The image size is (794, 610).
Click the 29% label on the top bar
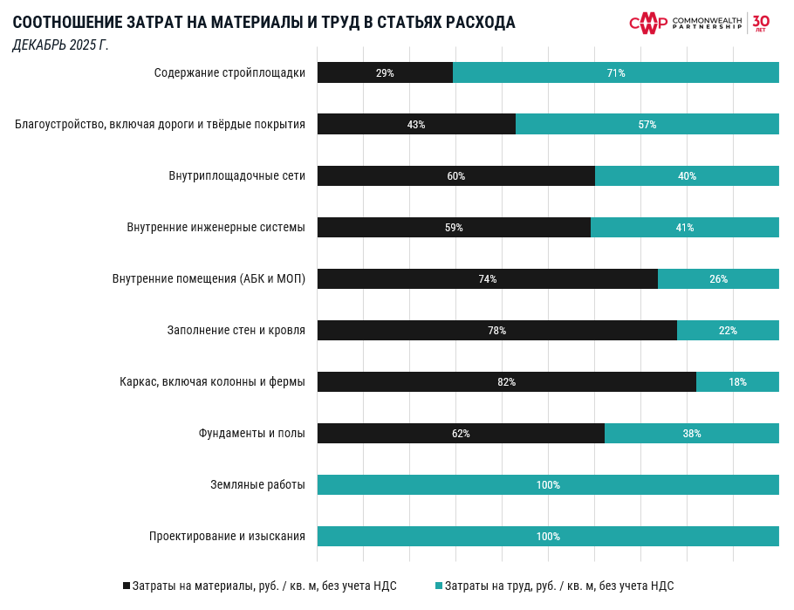[x=385, y=73]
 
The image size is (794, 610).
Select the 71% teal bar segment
[x=616, y=73]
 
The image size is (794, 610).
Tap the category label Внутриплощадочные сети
[x=236, y=176]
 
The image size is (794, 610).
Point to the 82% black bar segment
[x=506, y=382]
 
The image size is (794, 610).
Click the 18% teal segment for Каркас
[x=737, y=382]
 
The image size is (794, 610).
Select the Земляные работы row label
[x=257, y=485]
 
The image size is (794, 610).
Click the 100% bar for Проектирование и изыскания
[x=548, y=537]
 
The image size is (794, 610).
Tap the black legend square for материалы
[x=127, y=586]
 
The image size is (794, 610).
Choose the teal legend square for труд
[x=439, y=586]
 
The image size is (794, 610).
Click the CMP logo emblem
[x=648, y=23]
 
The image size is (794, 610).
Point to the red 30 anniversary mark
[x=761, y=22]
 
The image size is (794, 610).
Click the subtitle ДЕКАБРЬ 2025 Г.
[x=60, y=45]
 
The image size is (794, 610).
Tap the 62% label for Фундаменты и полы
[x=461, y=434]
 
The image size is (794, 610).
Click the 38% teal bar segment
[x=692, y=434]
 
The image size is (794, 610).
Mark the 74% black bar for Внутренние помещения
[x=487, y=279]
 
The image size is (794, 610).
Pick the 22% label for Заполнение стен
[x=728, y=331]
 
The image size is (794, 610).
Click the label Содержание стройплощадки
[x=229, y=73]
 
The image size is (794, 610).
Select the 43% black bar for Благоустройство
[x=416, y=125]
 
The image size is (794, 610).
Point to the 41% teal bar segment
[x=685, y=228]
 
